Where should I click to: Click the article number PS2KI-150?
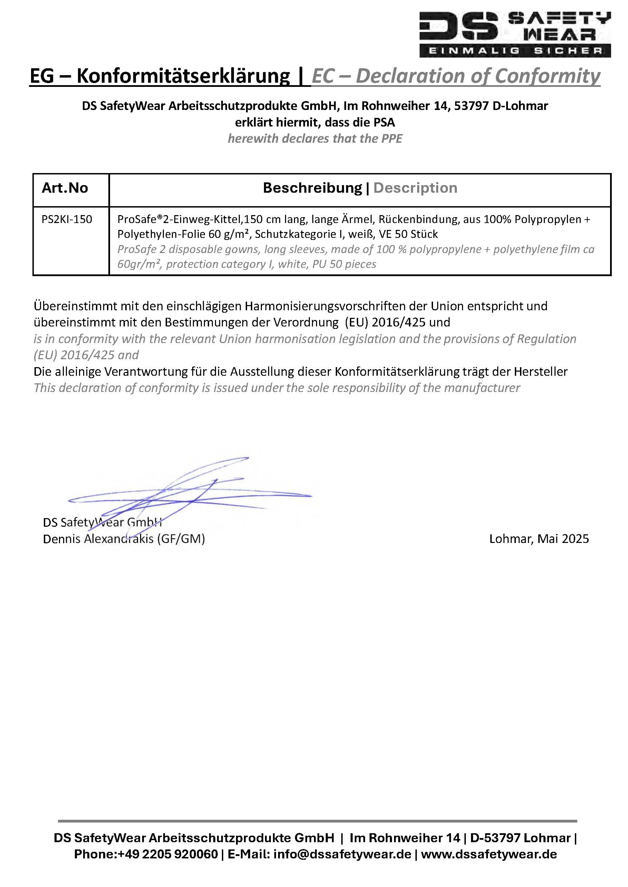coord(67,220)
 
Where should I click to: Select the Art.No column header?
coord(65,188)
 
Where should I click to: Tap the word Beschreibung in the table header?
coord(312,188)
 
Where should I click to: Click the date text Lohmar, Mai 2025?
coord(539,538)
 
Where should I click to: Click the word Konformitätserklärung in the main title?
coord(183,76)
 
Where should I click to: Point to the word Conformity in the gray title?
coord(547,76)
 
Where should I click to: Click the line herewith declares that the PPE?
coord(315,138)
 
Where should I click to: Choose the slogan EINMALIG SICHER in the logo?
coord(515,51)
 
